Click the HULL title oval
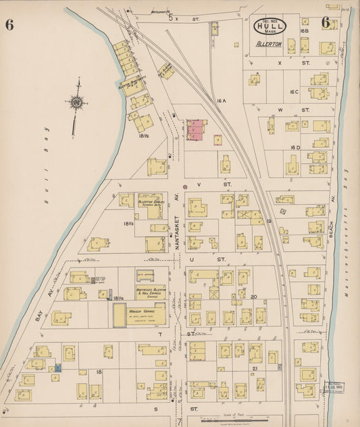click(x=270, y=27)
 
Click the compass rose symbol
click(x=76, y=103)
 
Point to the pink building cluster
click(x=197, y=129)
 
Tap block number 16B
click(x=304, y=31)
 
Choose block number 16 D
click(x=294, y=147)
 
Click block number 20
click(x=254, y=296)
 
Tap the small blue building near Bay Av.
click(x=58, y=367)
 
